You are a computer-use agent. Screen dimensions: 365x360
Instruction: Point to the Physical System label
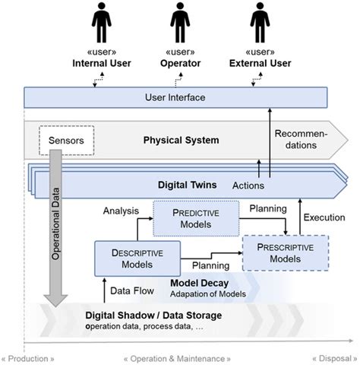pos(181,140)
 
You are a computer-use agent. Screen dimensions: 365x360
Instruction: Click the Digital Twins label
pos(187,184)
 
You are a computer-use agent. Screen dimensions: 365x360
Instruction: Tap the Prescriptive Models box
pos(285,252)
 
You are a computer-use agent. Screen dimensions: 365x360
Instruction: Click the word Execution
pos(324,217)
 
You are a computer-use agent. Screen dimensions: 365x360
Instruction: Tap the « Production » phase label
pos(28,357)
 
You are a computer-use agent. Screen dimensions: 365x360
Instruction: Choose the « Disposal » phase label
pos(332,357)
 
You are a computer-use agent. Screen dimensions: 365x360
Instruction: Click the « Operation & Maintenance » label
pos(176,357)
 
